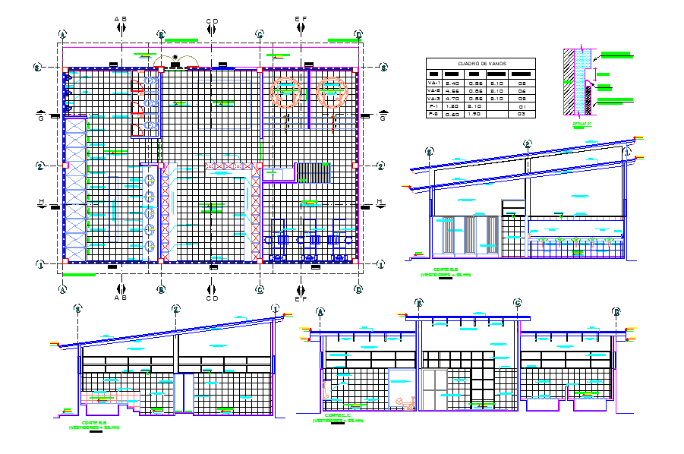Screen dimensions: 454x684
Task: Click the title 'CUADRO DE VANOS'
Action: pos(481,64)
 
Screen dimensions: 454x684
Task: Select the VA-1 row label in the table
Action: pos(434,83)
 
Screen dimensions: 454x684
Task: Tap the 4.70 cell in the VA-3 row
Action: pos(453,99)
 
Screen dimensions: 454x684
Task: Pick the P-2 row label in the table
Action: pos(434,115)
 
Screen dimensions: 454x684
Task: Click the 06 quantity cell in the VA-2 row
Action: pos(522,91)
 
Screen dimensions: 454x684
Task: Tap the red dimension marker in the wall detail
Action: pos(597,74)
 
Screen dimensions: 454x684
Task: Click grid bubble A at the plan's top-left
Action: pos(63,34)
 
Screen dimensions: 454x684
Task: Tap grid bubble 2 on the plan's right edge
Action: pos(380,166)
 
